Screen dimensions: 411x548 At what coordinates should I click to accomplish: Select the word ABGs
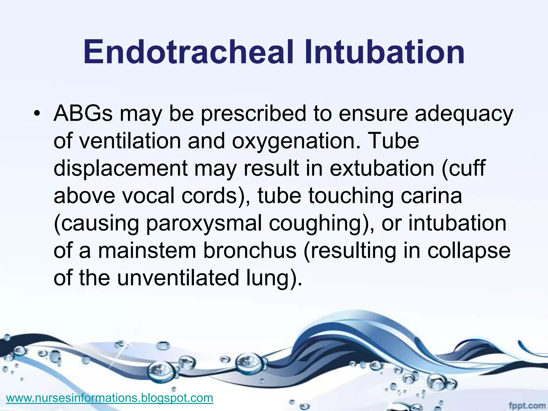[x=83, y=113]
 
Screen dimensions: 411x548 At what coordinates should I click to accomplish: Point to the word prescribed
[x=253, y=114]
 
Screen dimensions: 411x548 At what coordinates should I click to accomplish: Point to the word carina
[x=431, y=196]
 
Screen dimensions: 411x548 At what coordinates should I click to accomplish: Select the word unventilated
[x=178, y=278]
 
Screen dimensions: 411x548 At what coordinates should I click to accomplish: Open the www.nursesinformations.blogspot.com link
[x=110, y=398]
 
